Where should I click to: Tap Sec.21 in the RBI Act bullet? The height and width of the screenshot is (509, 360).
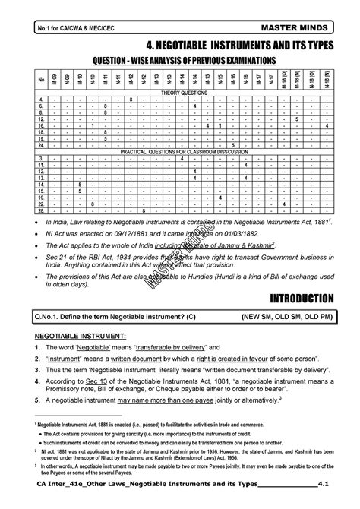point(58,261)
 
